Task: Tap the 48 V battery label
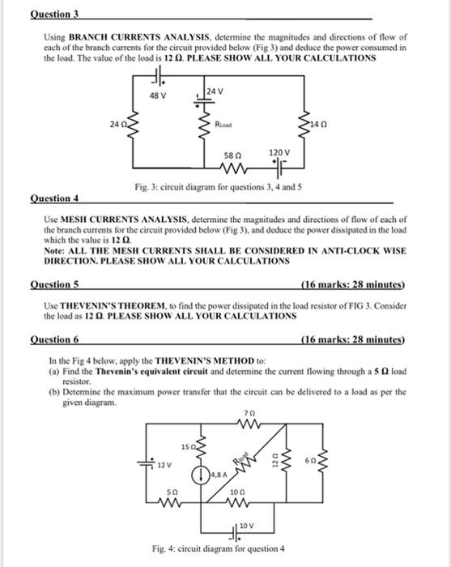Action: click(159, 96)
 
